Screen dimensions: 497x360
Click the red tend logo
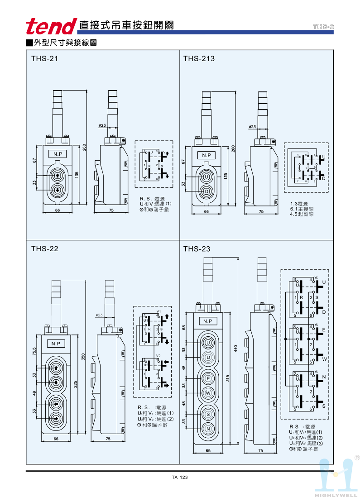tap(51, 26)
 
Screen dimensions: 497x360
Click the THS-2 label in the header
tap(323, 27)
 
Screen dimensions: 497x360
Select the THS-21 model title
tap(44, 58)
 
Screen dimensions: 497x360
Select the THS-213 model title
tap(199, 58)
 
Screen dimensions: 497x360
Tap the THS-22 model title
tap(44, 248)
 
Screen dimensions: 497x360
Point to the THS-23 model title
tap(197, 248)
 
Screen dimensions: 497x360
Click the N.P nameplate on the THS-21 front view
tap(58, 154)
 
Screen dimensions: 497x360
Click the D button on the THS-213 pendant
tap(206, 191)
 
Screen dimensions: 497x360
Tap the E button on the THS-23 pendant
tap(208, 378)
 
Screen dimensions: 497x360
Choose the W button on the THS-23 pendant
tap(208, 393)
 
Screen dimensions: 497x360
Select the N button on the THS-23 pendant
tap(208, 429)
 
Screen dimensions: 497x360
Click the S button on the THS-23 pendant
tap(208, 414)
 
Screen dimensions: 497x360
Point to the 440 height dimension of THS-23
tap(235, 349)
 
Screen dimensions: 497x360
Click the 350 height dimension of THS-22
tap(83, 356)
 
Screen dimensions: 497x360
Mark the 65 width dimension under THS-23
tap(207, 451)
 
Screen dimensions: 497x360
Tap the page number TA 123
tap(180, 478)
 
